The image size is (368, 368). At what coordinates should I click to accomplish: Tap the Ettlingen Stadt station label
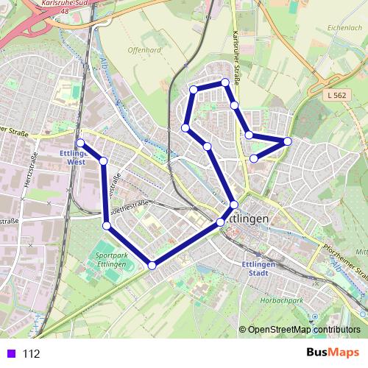[x=258, y=269]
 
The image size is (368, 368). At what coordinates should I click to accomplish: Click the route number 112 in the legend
[x=31, y=353]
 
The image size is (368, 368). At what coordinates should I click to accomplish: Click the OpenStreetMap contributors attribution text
[x=304, y=330]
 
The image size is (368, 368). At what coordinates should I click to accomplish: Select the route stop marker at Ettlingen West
[x=80, y=143]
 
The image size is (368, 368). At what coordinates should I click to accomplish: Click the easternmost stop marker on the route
[x=287, y=141]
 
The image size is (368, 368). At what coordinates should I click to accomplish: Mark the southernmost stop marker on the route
[x=152, y=265]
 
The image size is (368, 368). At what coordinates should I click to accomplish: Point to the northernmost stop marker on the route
[x=225, y=82]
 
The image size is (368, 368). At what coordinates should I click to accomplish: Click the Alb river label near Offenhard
[x=105, y=68]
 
